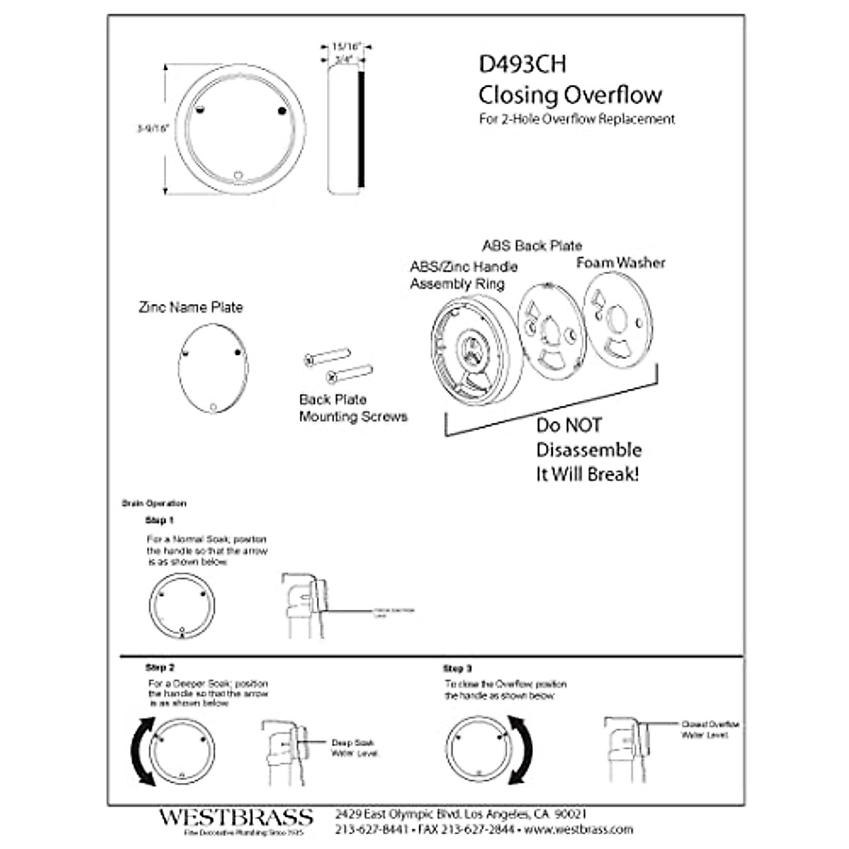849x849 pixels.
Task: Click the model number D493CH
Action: [522, 64]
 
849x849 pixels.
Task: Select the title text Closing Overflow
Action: [570, 95]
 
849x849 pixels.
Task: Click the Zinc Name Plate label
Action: [190, 308]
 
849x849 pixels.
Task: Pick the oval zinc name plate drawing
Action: [213, 368]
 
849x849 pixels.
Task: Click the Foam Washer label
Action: [620, 263]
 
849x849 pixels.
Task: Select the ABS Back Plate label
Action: [532, 246]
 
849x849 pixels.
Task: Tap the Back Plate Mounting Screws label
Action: [353, 408]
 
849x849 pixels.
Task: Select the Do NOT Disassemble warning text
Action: [588, 450]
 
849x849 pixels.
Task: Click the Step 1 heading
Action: [159, 521]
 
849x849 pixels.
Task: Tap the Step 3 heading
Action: [457, 669]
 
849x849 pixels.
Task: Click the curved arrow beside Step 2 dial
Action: [141, 751]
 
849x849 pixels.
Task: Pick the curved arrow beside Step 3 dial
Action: [521, 749]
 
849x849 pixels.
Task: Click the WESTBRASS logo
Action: [235, 818]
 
